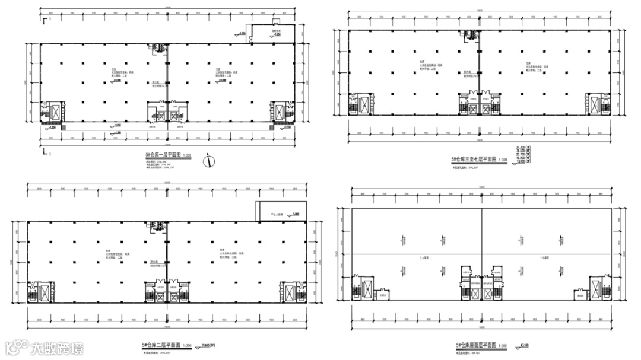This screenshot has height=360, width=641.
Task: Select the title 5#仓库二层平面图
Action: (160, 345)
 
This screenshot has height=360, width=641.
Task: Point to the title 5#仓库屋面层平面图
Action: (474, 345)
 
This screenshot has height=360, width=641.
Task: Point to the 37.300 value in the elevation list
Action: (522, 146)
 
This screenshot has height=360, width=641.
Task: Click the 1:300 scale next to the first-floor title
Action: (188, 156)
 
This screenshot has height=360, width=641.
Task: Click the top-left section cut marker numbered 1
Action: (47, 21)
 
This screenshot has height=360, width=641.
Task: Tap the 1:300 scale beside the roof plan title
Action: (502, 345)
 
